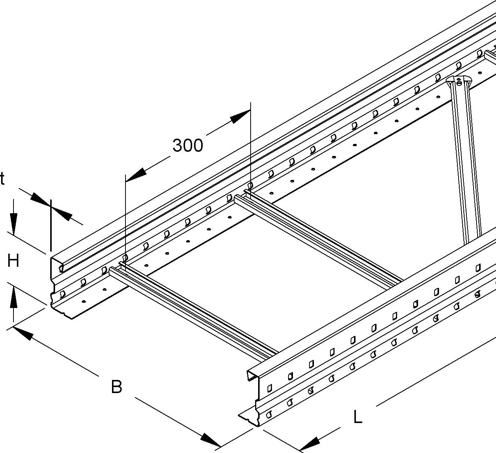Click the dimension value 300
pos(187,145)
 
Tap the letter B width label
pos(117,387)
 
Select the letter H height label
pos(13,260)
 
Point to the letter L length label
pos(358,417)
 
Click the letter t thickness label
pos(2,179)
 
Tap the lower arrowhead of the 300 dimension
pos(136,175)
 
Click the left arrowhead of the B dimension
pos(23,333)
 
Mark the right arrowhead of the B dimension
pos(210,440)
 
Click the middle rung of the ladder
pos(318,240)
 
